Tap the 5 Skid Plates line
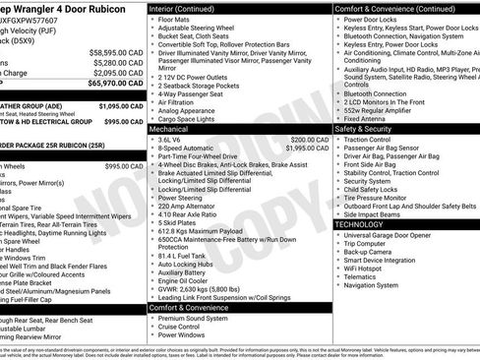pos(177,222)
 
